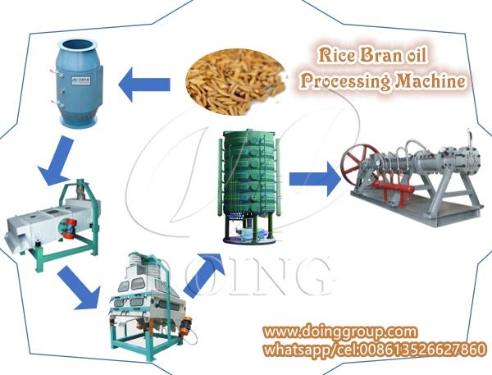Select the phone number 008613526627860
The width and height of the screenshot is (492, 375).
coord(419,349)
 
